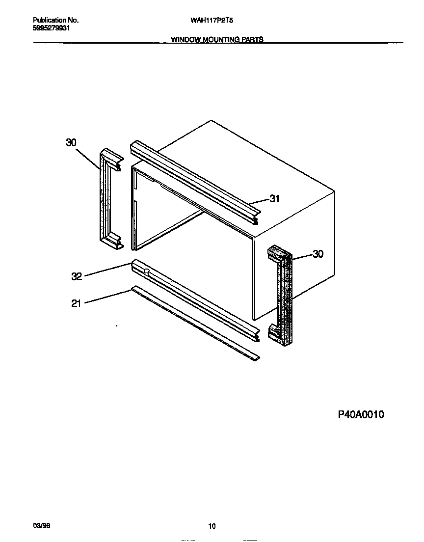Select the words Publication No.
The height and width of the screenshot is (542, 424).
coord(55,21)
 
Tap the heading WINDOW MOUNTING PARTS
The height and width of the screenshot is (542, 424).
coord(217,40)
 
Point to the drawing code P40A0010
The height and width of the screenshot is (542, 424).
coord(361,415)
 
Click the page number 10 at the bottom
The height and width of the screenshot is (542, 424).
coord(212,527)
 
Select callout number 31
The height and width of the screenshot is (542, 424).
coord(274,199)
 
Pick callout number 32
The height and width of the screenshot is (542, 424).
coord(77,276)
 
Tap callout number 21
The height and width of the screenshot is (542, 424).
coord(76,303)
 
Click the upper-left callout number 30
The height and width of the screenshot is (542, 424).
coord(71,142)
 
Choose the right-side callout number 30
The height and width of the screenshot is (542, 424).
coord(318,254)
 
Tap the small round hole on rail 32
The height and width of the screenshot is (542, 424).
coord(146,271)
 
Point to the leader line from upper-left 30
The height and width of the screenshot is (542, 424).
coord(88,157)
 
